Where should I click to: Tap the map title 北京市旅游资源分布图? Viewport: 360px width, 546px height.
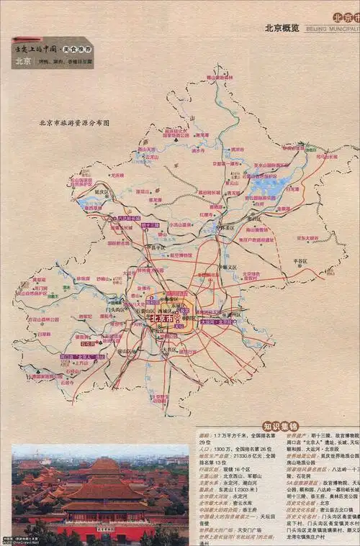tap(74, 123)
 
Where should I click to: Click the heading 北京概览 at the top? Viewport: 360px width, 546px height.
tap(282, 29)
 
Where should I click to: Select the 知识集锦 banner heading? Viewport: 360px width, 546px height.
tap(281, 425)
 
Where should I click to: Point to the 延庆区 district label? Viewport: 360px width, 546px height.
tap(102, 192)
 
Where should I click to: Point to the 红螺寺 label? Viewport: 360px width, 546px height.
tap(207, 214)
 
